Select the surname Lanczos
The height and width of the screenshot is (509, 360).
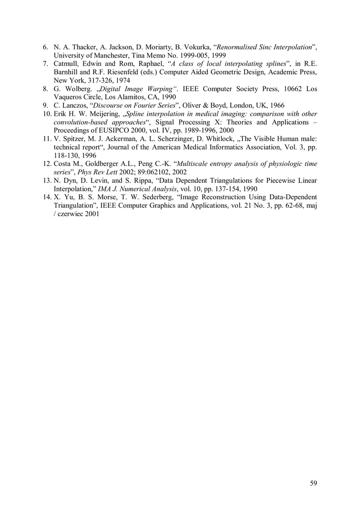tap(75, 105)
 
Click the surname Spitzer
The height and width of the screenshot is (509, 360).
tap(74, 139)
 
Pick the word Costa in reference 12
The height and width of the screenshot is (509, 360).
tap(63, 164)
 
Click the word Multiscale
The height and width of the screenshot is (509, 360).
tap(195, 164)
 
